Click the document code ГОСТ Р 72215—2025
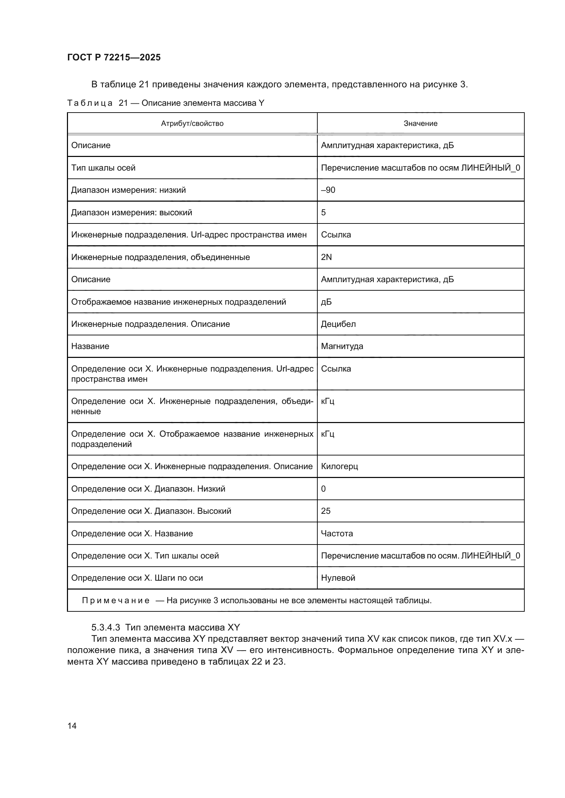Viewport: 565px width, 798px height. coord(114,57)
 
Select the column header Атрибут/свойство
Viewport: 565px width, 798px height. coord(192,124)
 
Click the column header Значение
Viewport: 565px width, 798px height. coord(420,124)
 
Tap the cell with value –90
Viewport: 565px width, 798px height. coord(328,190)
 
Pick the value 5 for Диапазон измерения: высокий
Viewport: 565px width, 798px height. coord(323,212)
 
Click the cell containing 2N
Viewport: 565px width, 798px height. coord(326,257)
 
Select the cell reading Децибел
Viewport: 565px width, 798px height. coord(338,324)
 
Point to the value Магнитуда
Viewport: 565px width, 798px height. coord(342,346)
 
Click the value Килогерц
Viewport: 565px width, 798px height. coord(339,466)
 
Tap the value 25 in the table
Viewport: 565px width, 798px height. coord(326,511)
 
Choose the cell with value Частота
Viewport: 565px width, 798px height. coord(337,533)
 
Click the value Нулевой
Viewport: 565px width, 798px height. coord(338,578)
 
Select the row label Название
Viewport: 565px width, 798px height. coord(90,346)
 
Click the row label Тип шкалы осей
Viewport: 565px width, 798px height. coord(103,168)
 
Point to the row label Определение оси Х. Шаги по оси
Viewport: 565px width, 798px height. coord(137,578)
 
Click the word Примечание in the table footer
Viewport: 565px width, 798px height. coord(116,600)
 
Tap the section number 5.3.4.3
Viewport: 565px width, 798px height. coord(106,627)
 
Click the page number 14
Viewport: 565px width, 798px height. coord(72,725)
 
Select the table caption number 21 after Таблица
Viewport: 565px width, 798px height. coord(123,103)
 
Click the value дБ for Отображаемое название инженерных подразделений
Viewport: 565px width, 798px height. coord(326,302)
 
